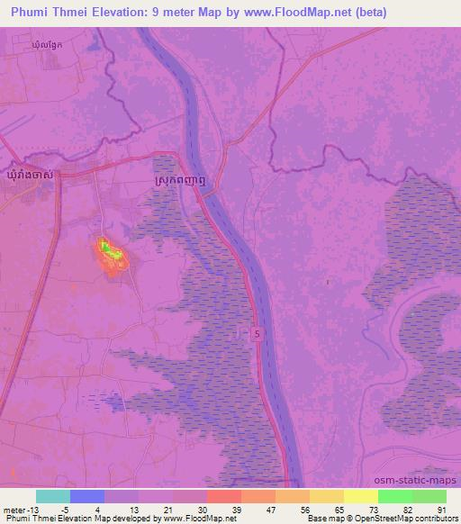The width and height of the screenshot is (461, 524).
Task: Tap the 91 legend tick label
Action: pos(442,509)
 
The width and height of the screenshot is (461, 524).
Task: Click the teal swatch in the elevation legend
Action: pos(52,496)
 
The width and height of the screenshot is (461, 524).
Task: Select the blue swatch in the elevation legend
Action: pos(86,496)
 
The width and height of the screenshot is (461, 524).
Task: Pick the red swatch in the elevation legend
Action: pos(223,496)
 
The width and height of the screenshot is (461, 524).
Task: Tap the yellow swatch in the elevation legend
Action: pos(360,496)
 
